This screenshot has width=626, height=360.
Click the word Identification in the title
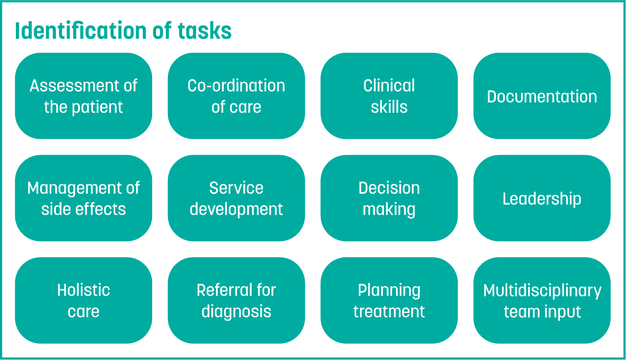point(81,30)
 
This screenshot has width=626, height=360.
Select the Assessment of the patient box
point(83,96)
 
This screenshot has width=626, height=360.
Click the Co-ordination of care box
point(236,96)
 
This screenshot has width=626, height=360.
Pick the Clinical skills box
point(389,96)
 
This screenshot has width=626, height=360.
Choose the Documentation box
point(542,96)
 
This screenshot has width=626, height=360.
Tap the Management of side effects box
point(83,198)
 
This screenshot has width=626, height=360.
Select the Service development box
point(236,198)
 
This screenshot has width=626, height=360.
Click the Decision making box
point(389,198)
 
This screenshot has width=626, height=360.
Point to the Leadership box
point(542,198)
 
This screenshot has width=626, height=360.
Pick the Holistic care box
point(83,301)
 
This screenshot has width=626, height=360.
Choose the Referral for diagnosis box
point(236,301)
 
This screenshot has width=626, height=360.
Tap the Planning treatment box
point(389,301)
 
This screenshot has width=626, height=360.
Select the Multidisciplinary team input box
point(542,301)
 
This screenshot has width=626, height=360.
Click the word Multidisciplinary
point(542,291)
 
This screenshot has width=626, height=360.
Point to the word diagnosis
point(236,311)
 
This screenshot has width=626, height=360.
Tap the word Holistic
point(83,290)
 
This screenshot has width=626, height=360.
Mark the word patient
point(97,107)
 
